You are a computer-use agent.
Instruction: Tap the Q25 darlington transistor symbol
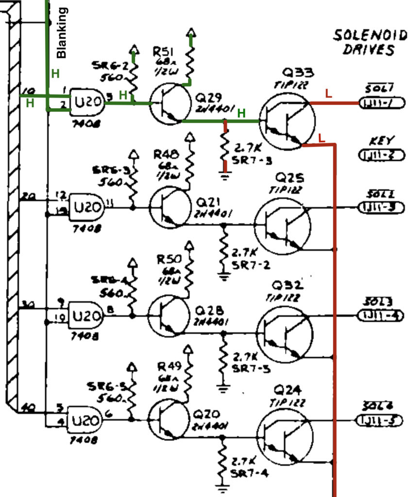pos(282,225)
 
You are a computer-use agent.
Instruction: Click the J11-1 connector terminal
pos(379,103)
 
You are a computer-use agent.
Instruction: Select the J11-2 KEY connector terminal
pos(379,155)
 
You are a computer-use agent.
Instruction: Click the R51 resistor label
pos(162,51)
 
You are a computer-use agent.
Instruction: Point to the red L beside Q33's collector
pos(328,94)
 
